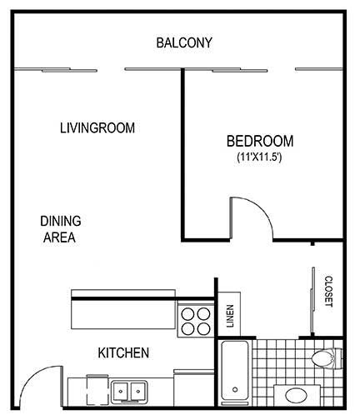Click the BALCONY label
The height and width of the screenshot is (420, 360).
pyautogui.click(x=184, y=42)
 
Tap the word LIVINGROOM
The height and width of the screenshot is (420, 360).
pyautogui.click(x=97, y=128)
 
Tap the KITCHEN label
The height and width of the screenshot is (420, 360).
pyautogui.click(x=123, y=353)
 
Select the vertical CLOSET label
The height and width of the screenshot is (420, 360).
pyautogui.click(x=328, y=292)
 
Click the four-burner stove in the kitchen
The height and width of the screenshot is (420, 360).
pyautogui.click(x=195, y=321)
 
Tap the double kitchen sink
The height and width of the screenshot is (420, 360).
pyautogui.click(x=128, y=389)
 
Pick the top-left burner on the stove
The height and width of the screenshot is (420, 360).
pyautogui.click(x=187, y=314)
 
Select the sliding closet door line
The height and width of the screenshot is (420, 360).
pyautogui.click(x=312, y=300)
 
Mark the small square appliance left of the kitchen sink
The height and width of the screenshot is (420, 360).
pyautogui.click(x=95, y=389)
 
